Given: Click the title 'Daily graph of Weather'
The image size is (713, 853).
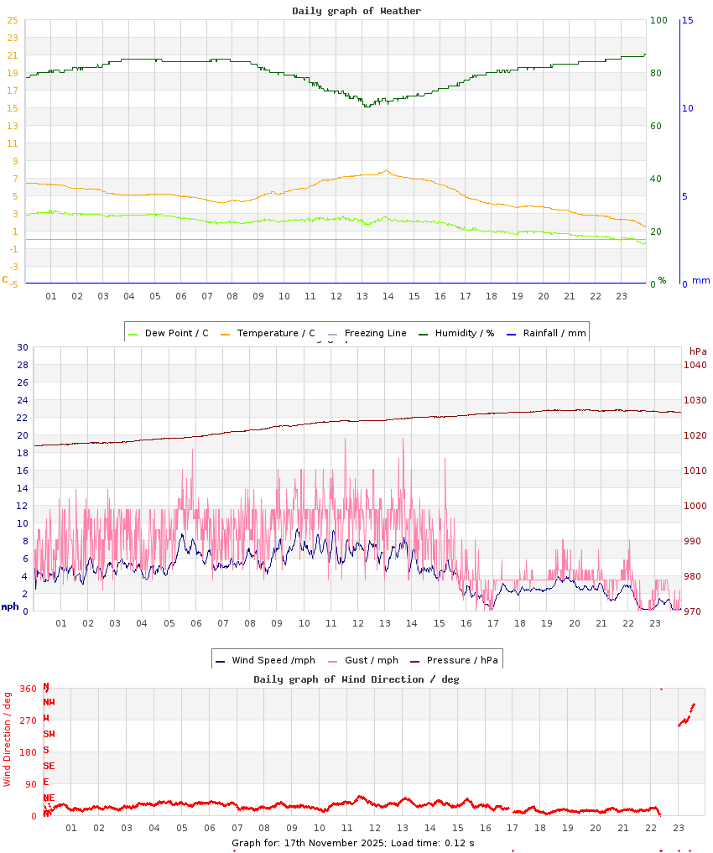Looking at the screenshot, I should pyautogui.click(x=356, y=11).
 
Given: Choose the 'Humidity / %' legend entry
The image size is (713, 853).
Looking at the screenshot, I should pyautogui.click(x=464, y=333).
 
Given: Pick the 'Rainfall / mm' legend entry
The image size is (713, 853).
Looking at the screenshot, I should pyautogui.click(x=554, y=333).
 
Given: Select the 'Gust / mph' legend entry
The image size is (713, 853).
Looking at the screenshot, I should pyautogui.click(x=372, y=660).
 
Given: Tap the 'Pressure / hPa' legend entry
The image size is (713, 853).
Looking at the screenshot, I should pyautogui.click(x=462, y=660).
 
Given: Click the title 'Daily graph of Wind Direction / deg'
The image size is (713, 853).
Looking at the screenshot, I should pyautogui.click(x=356, y=679).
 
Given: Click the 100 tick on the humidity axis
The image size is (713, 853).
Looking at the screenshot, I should pyautogui.click(x=658, y=20).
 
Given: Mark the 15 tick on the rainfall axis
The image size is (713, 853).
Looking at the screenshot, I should pyautogui.click(x=687, y=20).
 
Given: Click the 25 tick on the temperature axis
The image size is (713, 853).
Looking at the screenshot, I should pyautogui.click(x=13, y=20).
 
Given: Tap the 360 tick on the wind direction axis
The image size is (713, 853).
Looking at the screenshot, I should pyautogui.click(x=29, y=689).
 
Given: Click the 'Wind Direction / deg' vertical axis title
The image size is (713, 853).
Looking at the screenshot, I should pyautogui.click(x=8, y=738).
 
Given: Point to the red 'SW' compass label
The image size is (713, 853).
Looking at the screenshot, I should pyautogui.click(x=49, y=734).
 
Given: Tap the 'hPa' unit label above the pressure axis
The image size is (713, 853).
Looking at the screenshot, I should pyautogui.click(x=698, y=351).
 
